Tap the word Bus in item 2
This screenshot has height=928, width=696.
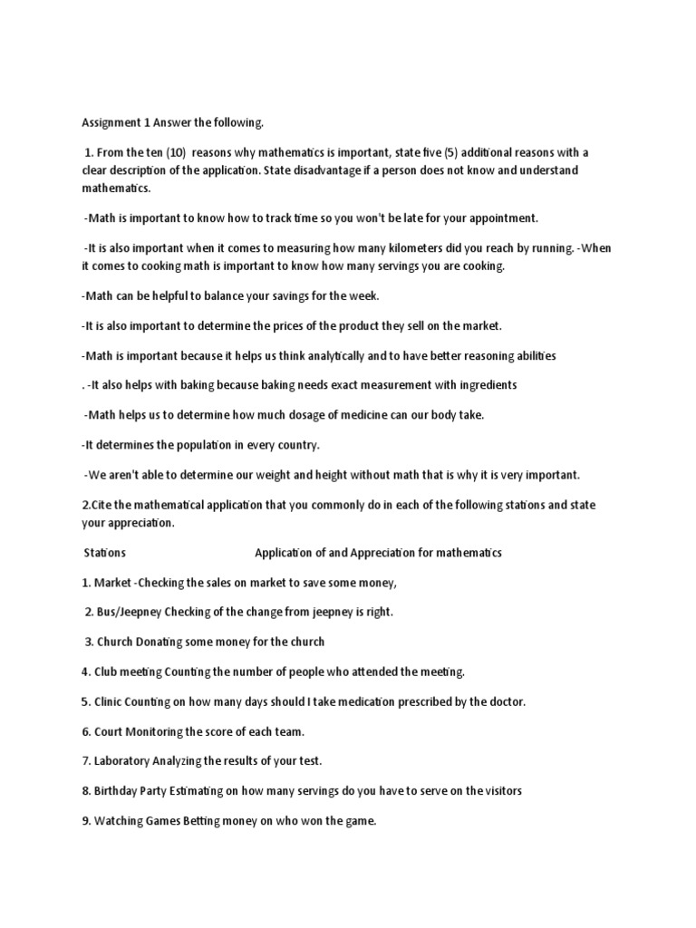point(108,612)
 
